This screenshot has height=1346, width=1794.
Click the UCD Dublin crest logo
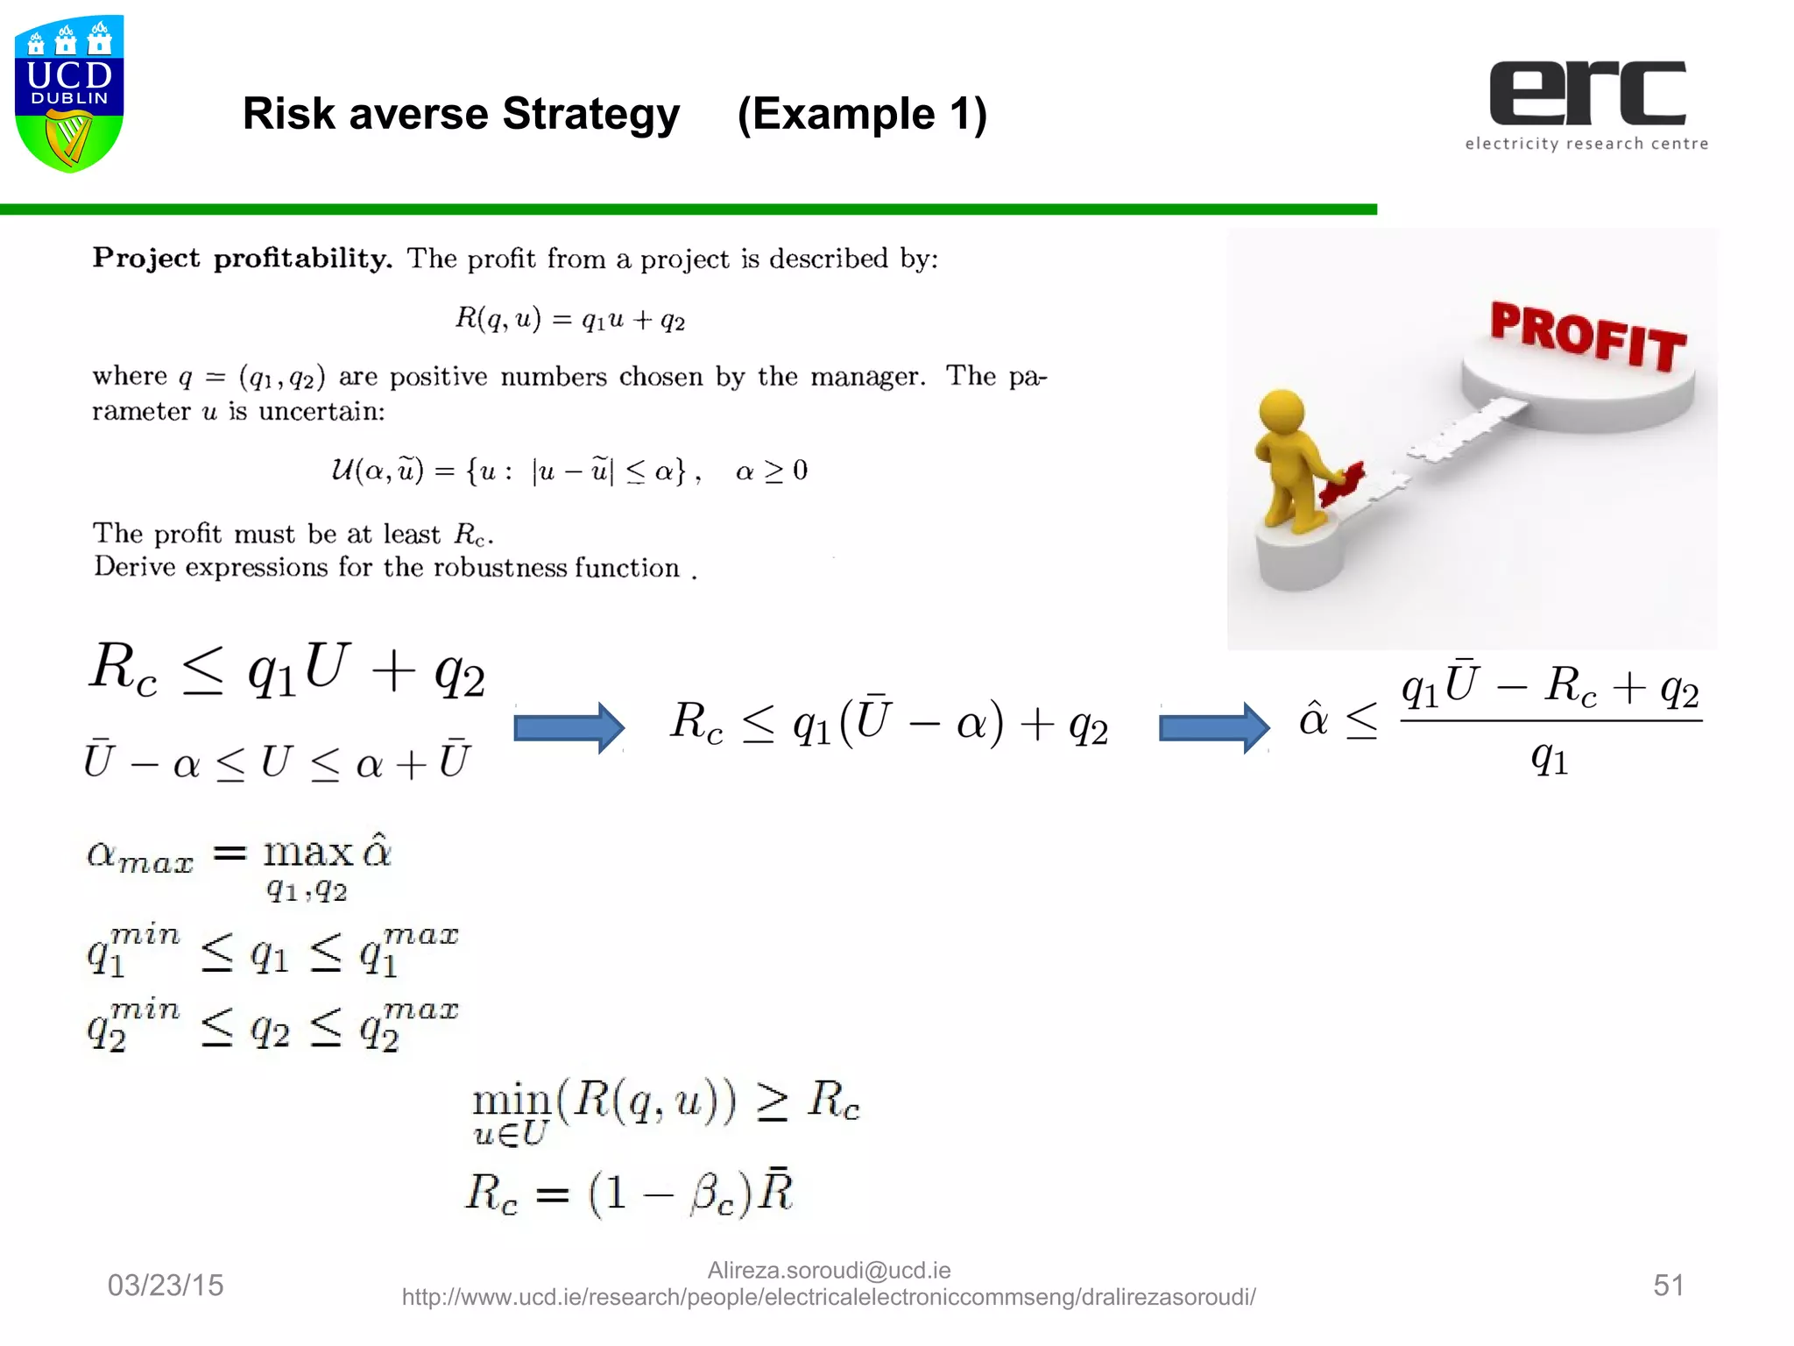pos(69,93)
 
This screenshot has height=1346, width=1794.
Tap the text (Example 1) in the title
pos(862,114)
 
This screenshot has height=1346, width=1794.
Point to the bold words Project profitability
pos(243,258)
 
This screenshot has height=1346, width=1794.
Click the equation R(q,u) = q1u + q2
pos(569,318)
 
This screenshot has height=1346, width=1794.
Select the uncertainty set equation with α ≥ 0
pos(569,471)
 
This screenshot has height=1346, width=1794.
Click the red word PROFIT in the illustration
pos(1588,336)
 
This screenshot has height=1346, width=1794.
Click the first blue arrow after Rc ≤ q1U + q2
pos(569,727)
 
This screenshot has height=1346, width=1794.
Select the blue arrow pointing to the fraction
pos(1214,727)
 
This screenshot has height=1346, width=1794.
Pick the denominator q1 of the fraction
pos(1550,756)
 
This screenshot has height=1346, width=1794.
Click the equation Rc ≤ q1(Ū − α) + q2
pos(889,724)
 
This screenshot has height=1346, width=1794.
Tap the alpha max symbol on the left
pos(140,854)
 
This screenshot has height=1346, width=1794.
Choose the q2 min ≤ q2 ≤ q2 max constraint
pos(272,1025)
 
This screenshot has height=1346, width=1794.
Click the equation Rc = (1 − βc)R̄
pos(629,1193)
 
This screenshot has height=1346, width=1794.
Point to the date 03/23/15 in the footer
pos(166,1285)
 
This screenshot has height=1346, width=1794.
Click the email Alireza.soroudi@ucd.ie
pos(829,1270)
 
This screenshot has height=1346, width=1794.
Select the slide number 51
pos(1669,1285)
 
